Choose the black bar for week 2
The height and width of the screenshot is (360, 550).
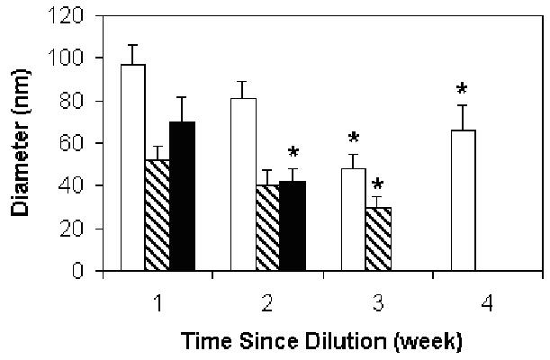[x=293, y=225]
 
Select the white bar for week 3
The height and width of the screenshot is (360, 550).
[x=354, y=220]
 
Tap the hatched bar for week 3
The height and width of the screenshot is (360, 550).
[x=378, y=238]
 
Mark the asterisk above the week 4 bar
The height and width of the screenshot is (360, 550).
[x=463, y=89]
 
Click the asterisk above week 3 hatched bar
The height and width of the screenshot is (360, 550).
[x=378, y=185]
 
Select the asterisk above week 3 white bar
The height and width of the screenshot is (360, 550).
[x=354, y=139]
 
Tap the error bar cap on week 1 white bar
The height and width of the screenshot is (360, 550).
[x=133, y=45]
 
